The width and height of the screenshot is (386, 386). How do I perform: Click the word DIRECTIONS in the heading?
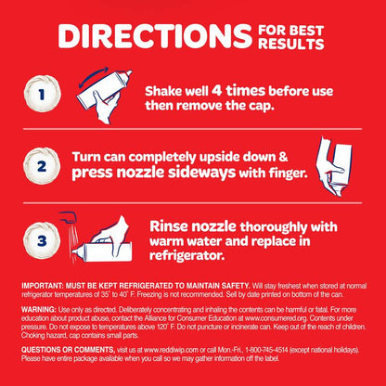pos(155,36)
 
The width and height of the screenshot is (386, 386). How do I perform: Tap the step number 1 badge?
pos(42,94)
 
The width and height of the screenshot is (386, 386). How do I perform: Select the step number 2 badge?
pos(42,166)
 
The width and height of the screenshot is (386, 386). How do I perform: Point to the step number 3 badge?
pos(42,240)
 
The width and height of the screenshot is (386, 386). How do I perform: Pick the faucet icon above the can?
pos(68,216)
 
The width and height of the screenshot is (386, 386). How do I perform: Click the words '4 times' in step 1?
pos(238,91)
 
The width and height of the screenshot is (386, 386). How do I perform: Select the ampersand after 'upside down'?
pos(283,157)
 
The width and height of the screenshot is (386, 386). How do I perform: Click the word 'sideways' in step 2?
pos(201,174)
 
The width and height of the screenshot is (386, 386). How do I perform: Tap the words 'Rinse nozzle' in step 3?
pos(193,226)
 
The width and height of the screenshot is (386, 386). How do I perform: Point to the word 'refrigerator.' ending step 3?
pos(187,255)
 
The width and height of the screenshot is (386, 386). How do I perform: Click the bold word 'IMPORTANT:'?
pos(43,286)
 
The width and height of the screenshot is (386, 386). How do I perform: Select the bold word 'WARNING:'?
pos(39,310)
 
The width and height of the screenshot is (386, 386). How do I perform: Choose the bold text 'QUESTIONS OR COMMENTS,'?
pos(69,350)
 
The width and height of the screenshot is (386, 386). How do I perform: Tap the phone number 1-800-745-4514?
pos(266,350)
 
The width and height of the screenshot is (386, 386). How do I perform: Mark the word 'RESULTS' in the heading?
pos(291,44)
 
